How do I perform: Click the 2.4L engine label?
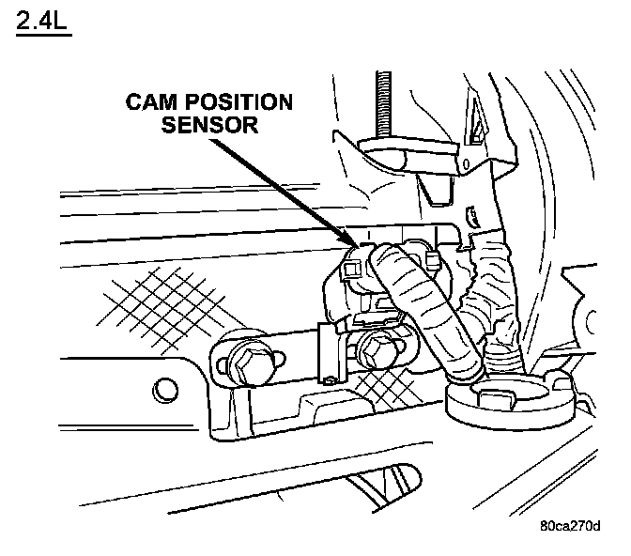coord(42,20)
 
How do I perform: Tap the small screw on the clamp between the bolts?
coord(331,379)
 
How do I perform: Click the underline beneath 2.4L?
coord(42,35)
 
